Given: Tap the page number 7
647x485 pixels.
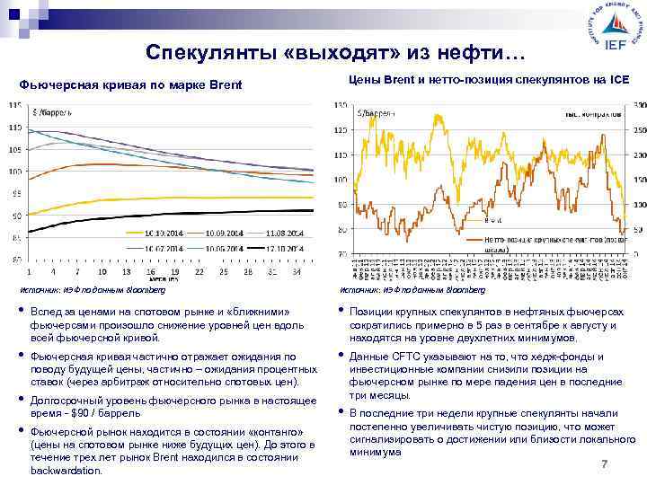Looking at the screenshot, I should coord(605,463).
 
